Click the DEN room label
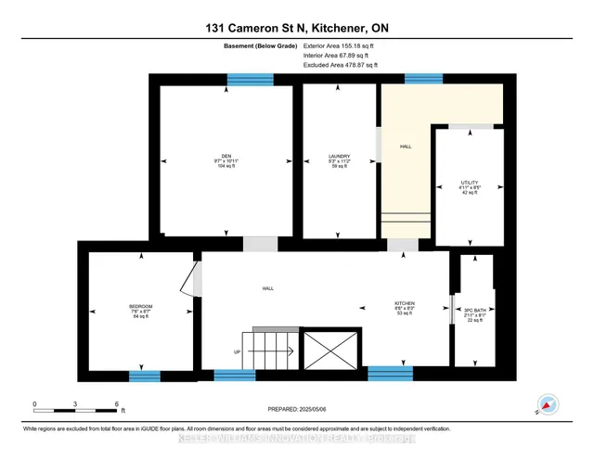click(226, 156)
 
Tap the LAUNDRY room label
click(338, 156)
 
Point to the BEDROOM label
click(141, 307)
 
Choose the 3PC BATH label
click(474, 311)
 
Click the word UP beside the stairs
click(238, 351)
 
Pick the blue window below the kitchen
click(390, 374)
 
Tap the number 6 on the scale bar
click(116, 404)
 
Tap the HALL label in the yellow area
click(406, 147)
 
